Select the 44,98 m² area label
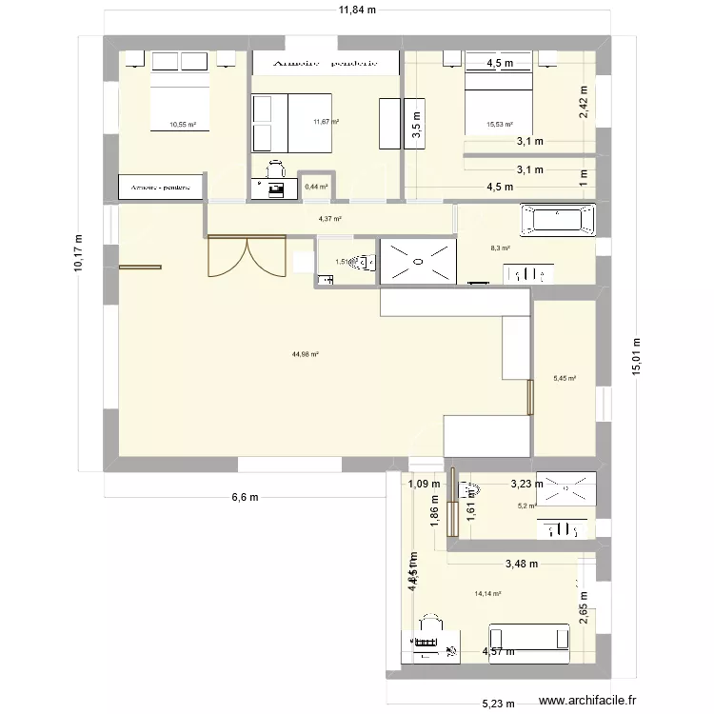click(306, 354)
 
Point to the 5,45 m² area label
click(565, 378)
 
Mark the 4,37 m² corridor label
click(329, 219)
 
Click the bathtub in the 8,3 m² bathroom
click(558, 220)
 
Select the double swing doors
click(246, 257)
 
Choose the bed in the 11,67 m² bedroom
click(291, 123)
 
